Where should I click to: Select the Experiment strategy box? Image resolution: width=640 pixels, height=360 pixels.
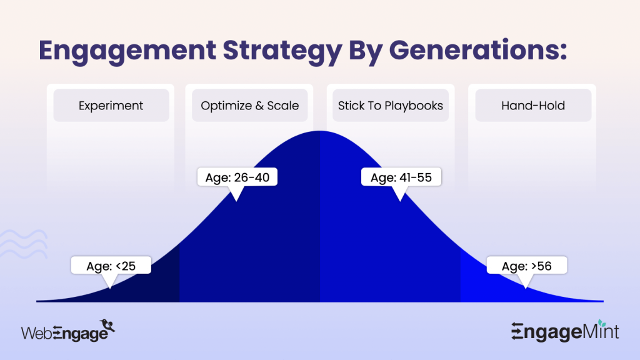tap(111, 106)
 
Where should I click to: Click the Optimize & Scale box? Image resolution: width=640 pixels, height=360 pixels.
tap(250, 106)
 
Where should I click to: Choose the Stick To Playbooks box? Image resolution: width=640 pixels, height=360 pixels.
tap(391, 106)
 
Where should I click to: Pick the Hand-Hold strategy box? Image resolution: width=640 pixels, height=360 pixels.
tap(533, 106)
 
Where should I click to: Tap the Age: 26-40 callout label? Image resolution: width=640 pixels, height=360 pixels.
tap(236, 177)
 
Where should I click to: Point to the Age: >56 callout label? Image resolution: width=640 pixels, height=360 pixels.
tap(527, 266)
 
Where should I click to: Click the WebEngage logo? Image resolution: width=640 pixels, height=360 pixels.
tap(69, 331)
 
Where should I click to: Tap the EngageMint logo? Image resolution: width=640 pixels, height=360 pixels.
tap(565, 331)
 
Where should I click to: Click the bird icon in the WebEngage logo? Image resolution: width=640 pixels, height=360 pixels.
tap(109, 325)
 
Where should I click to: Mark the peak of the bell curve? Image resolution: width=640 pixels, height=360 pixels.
tap(320, 132)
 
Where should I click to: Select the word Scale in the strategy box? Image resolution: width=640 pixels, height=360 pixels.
tap(284, 106)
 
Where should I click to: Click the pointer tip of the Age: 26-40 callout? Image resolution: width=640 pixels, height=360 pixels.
tap(235, 199)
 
